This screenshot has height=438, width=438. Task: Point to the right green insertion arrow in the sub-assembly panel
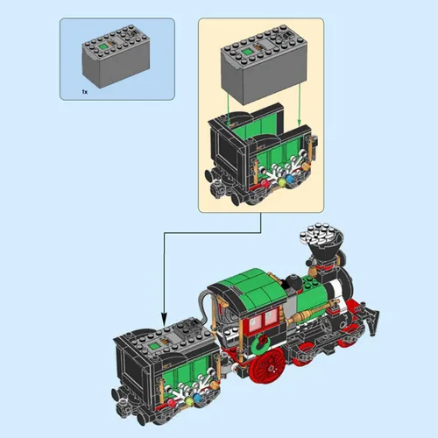point(300,106)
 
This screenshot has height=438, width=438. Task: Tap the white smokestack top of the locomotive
point(321,236)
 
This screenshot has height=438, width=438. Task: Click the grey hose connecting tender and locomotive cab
point(206,307)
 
